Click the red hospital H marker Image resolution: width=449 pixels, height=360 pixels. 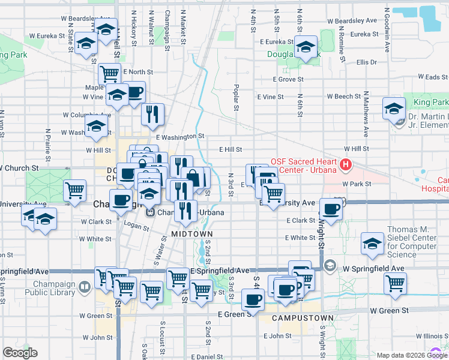[345, 164]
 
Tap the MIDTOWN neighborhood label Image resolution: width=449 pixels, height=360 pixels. [190, 233]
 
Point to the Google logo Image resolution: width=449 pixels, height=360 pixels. [20, 352]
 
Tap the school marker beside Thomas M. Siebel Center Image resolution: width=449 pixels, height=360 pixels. [372, 244]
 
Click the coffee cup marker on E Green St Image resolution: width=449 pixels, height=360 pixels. [252, 299]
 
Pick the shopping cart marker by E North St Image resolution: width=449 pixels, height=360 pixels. [110, 73]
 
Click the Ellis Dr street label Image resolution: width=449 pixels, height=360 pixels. [366, 62]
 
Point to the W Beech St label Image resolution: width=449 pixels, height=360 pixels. [343, 97]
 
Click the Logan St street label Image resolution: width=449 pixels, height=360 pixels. [136, 226]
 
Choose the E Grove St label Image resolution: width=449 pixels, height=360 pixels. [288, 79]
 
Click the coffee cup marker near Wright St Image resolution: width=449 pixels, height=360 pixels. [331, 208]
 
